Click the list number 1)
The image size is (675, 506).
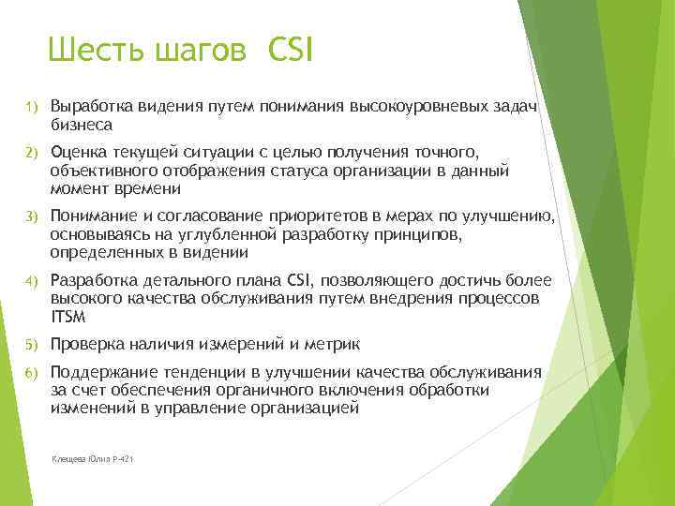30,108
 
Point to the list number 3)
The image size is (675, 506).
30,218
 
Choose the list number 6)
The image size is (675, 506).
30,373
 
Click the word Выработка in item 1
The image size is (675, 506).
92,107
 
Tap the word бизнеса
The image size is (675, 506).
82,124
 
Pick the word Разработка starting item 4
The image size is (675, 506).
95,280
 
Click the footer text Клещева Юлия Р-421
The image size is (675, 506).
95,460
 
